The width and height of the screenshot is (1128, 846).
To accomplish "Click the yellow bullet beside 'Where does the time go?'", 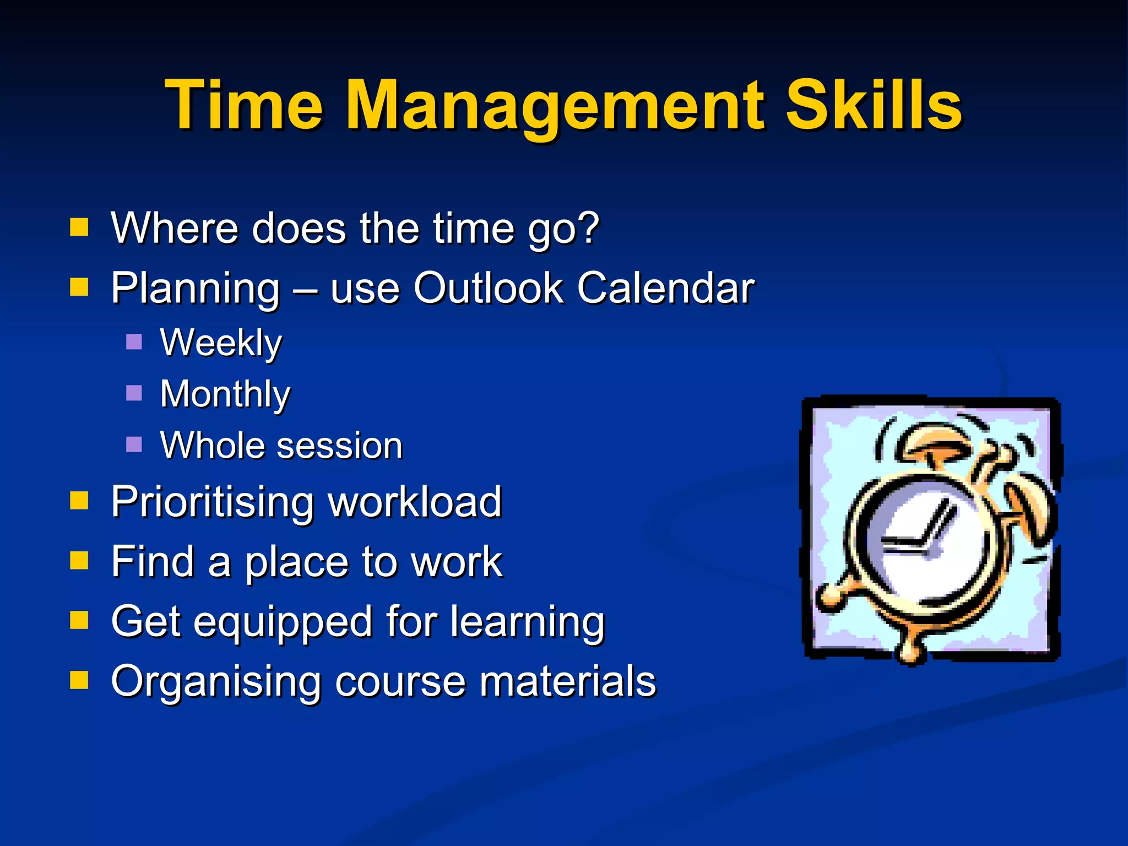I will pos(79,227).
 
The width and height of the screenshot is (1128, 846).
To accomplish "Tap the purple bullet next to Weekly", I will pos(134,342).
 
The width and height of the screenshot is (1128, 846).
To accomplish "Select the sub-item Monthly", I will pos(225,394).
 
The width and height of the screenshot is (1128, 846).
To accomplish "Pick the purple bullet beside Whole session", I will pos(134,444).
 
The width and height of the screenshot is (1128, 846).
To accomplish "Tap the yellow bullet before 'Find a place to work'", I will pos(79,561).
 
